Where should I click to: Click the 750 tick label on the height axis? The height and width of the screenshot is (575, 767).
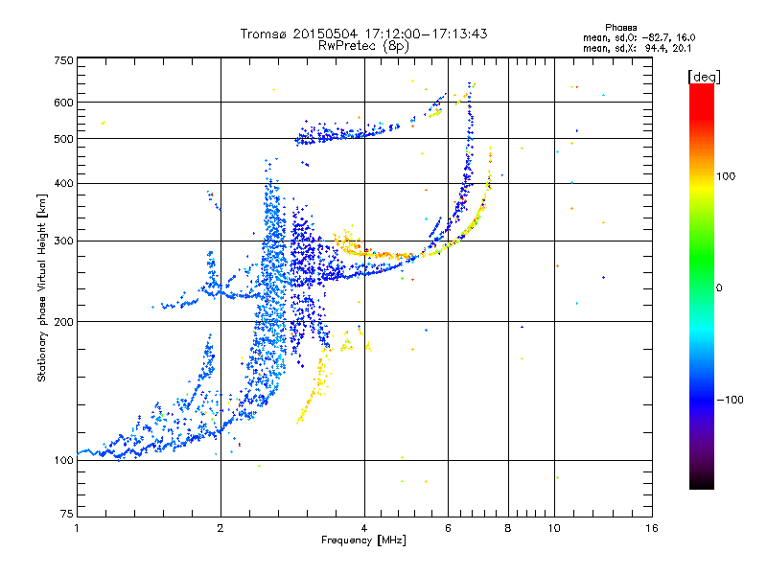(x=63, y=60)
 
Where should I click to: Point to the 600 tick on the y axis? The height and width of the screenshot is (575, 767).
(x=63, y=103)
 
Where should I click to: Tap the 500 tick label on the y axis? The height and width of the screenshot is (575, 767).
(x=63, y=139)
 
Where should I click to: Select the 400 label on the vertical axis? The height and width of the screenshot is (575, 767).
(x=63, y=183)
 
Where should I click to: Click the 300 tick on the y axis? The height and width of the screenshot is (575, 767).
(x=63, y=241)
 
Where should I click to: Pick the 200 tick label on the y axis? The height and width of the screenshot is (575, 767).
(x=63, y=322)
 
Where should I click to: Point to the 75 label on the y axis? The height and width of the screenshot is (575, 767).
(x=66, y=517)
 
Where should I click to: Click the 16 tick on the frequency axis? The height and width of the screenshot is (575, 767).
(x=651, y=528)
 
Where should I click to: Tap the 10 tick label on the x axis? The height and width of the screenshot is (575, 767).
(x=554, y=528)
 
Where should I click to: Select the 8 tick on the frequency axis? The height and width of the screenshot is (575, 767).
(x=508, y=528)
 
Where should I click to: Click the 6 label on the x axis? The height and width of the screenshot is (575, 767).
(x=448, y=528)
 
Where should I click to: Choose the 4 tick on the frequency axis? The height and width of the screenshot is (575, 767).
(x=364, y=528)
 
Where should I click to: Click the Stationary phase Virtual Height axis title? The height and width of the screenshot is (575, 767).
(x=42, y=287)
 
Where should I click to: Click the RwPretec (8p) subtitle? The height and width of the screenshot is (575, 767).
(x=364, y=45)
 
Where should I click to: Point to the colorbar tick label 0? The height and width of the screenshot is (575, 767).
(x=720, y=287)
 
